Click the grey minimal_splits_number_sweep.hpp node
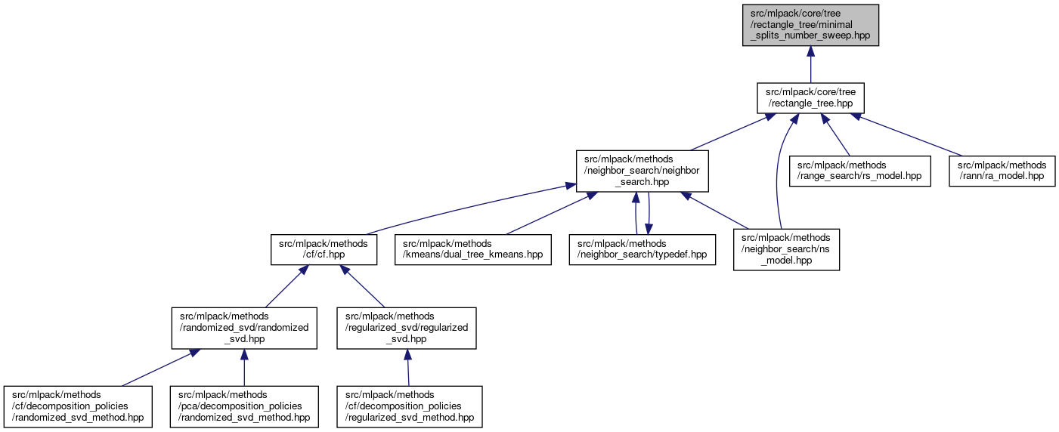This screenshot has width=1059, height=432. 810,25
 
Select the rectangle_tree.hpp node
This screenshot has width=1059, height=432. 810,98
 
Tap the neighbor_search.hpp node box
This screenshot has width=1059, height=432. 643,172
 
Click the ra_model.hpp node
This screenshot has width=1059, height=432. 1002,171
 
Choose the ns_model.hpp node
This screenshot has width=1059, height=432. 785,249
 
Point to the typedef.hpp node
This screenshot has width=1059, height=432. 642,249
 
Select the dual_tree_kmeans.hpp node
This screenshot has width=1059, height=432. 472,249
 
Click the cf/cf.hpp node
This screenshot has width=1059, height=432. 324,249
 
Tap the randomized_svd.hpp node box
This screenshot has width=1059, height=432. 243,328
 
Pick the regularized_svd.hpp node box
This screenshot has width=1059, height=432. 407,328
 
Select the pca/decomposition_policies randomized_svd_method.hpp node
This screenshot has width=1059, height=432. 243,406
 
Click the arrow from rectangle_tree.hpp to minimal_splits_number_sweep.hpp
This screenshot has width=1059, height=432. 810,64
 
